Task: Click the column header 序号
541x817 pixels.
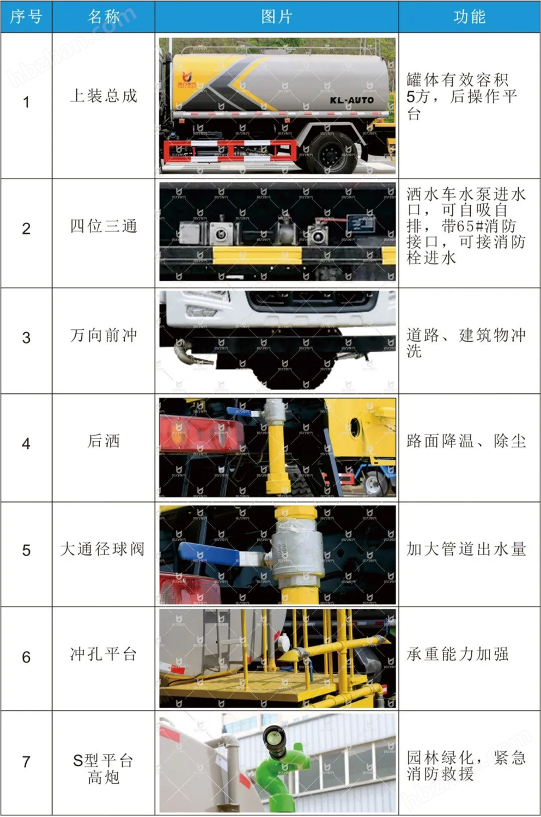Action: (x=26, y=17)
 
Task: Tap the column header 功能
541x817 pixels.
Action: (x=470, y=17)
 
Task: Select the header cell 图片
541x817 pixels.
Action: (x=277, y=17)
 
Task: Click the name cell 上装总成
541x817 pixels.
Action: (x=104, y=96)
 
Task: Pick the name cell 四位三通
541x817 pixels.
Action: (x=104, y=226)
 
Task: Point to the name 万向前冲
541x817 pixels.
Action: (x=104, y=336)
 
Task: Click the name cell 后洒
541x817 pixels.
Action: (x=104, y=441)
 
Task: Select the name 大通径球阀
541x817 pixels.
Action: (x=102, y=549)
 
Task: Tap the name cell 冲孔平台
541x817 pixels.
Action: (x=104, y=654)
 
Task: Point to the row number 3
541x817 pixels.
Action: (x=26, y=338)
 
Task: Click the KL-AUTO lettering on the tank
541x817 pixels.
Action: (x=351, y=100)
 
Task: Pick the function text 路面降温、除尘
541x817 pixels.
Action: (x=466, y=441)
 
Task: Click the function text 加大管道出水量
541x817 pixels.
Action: (x=466, y=549)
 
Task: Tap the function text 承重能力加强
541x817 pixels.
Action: (x=458, y=654)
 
